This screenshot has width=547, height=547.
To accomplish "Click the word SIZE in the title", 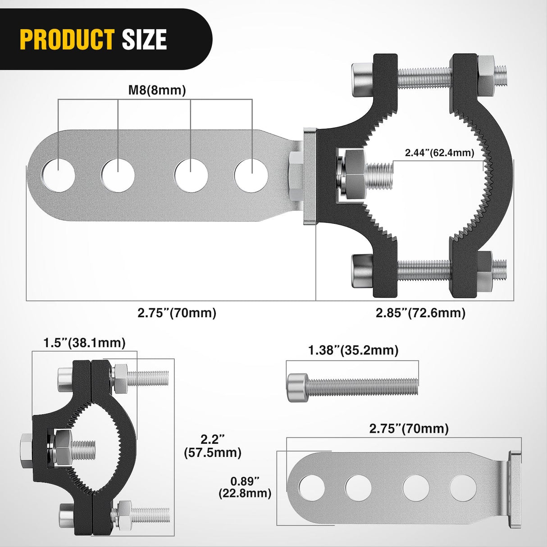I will coord(144,40).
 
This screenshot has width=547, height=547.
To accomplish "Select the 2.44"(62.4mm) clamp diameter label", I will coord(439,153).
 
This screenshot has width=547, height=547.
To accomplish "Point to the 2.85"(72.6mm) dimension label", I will coord(420,313).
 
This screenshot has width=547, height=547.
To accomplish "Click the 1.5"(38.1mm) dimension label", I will coord(84,343).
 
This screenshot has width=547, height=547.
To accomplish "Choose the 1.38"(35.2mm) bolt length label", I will coord(353,350).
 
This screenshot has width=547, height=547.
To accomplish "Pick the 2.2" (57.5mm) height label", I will coord(213,446).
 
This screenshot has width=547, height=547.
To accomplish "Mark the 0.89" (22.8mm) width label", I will coord(245,487).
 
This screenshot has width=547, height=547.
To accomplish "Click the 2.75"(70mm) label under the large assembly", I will coord(177,313).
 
